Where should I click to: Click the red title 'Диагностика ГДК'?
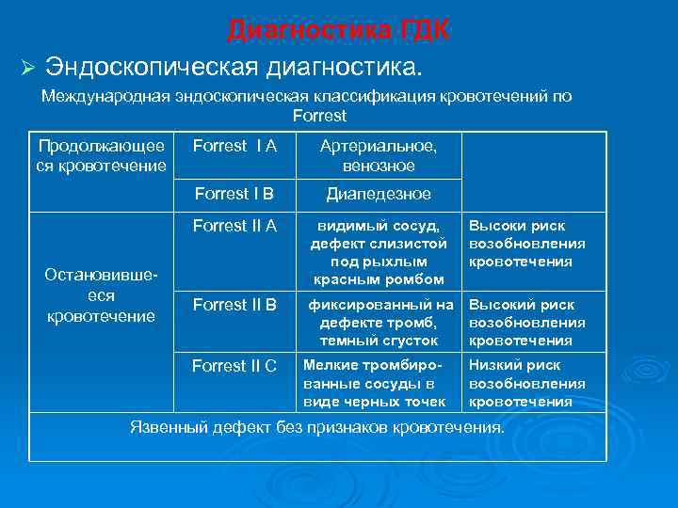click(x=338, y=31)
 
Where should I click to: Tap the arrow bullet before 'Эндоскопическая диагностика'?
click(x=27, y=69)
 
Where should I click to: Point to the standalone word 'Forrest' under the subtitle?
click(x=319, y=116)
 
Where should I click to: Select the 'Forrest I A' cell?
click(x=234, y=146)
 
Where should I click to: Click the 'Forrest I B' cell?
click(x=234, y=194)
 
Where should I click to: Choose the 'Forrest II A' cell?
click(x=234, y=226)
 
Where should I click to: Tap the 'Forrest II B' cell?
click(x=234, y=304)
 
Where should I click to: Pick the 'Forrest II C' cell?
click(x=234, y=366)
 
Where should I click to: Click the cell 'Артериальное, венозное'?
click(x=378, y=156)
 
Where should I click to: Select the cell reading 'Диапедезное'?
click(x=378, y=194)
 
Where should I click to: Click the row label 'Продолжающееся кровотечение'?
click(x=102, y=156)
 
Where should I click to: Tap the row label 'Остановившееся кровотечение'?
click(x=102, y=294)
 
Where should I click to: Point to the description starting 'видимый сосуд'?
click(x=378, y=252)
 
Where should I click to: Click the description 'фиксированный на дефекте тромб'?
click(x=378, y=323)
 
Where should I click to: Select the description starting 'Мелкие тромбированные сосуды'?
click(x=378, y=384)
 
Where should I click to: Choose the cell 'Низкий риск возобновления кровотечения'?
click(x=527, y=384)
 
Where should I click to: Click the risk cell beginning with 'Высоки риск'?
click(x=527, y=244)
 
